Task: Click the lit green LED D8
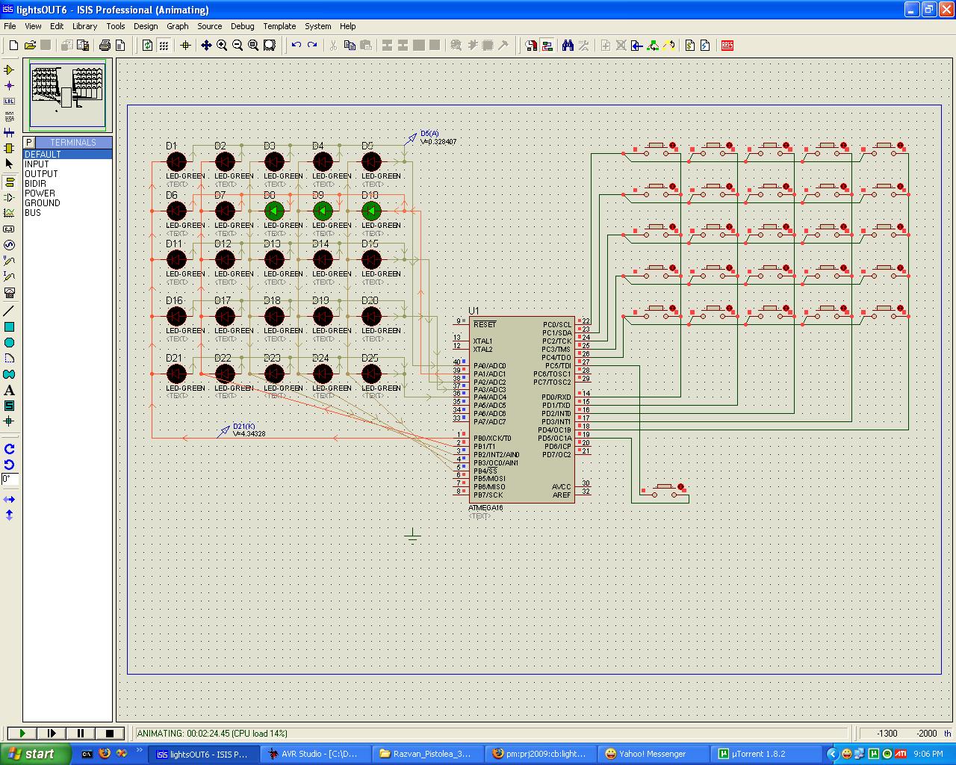[x=274, y=211]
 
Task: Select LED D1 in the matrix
[x=176, y=161]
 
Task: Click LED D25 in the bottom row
[x=371, y=374]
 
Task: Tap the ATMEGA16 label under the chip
[x=485, y=508]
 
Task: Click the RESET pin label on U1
[x=484, y=324]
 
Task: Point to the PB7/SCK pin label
[x=488, y=495]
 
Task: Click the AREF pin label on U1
[x=561, y=495]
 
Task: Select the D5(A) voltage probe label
[x=429, y=134]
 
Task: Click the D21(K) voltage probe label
[x=243, y=427]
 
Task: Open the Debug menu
[x=242, y=26]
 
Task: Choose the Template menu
[x=279, y=26]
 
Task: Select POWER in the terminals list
[x=40, y=193]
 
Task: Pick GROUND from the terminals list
[x=42, y=202]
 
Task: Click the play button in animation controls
[x=22, y=734]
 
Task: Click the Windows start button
[x=34, y=754]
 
